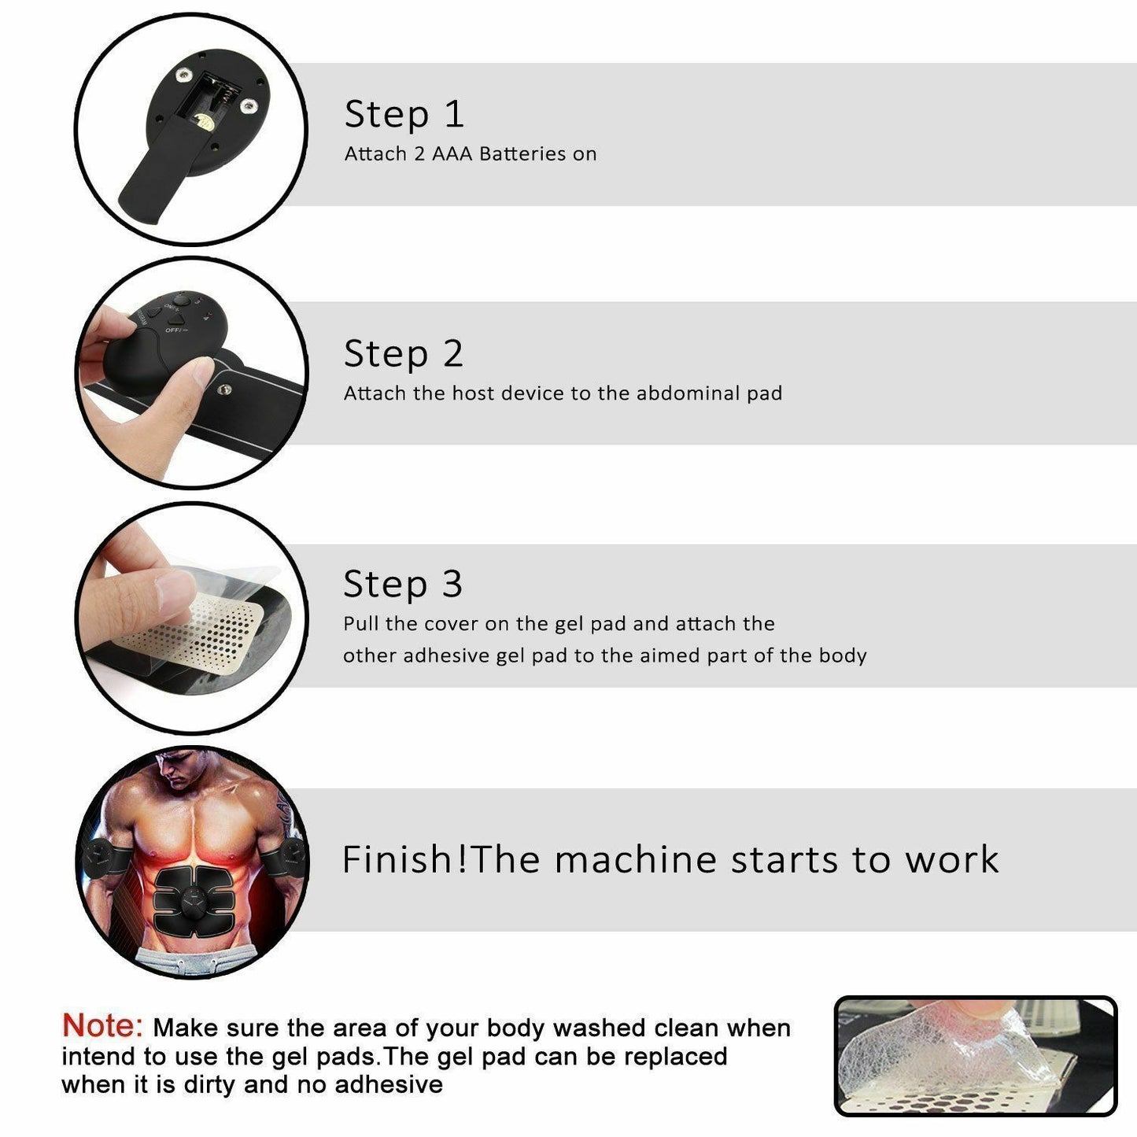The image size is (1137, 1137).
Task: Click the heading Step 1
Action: [404, 115]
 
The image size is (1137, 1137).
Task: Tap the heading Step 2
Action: [404, 354]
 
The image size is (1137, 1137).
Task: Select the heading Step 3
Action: [403, 585]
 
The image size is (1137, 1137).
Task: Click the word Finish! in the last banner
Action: [404, 859]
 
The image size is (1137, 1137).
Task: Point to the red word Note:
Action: [102, 1025]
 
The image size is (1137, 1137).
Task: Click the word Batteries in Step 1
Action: [522, 154]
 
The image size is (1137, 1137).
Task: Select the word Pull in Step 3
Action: [361, 624]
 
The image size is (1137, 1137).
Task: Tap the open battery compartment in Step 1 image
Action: [209, 99]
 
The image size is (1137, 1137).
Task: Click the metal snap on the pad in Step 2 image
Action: [224, 389]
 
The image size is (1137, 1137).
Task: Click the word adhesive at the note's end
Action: [389, 1084]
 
